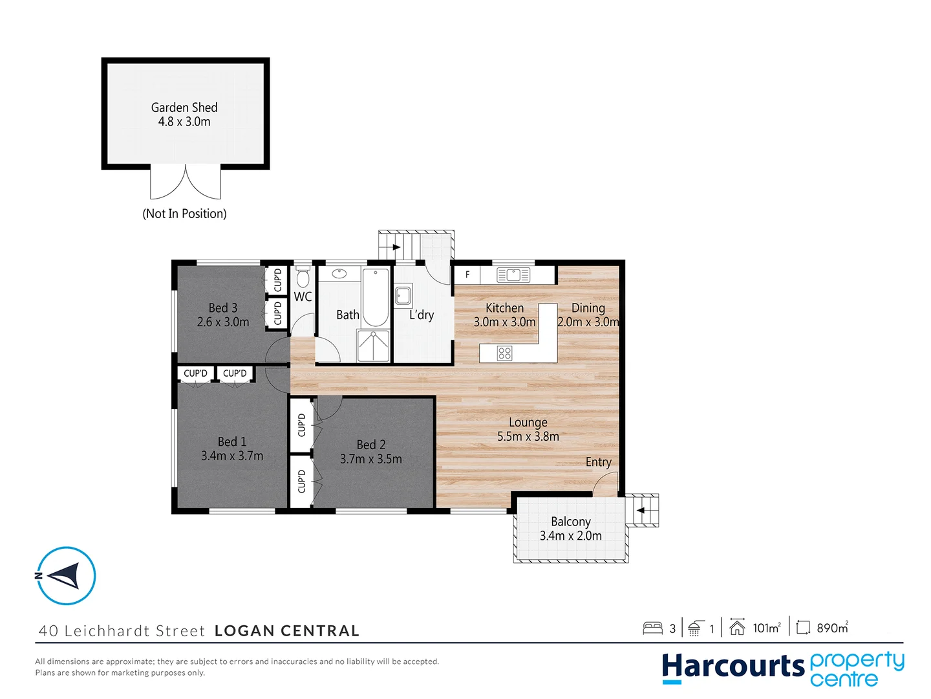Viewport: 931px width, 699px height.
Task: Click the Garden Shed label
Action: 184,115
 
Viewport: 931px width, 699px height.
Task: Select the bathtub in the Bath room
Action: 375,298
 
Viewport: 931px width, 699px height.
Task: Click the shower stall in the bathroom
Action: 374,346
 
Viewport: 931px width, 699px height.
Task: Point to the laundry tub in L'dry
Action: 403,296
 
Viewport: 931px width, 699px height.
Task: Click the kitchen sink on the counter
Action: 513,275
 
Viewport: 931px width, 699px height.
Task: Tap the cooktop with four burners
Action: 504,353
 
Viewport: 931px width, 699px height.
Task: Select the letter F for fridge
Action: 467,274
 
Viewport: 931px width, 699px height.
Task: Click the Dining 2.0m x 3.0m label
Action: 588,315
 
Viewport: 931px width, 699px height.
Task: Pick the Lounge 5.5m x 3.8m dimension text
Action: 528,436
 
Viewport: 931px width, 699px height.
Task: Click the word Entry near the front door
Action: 598,462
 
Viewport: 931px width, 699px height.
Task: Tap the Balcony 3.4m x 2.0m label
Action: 570,529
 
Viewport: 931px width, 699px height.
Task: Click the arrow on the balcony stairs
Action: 641,511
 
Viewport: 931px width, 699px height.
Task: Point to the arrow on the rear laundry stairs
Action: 396,247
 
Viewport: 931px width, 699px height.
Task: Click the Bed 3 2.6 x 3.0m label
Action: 222,315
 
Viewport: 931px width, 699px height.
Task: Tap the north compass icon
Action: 66,575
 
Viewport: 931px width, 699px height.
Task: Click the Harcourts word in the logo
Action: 733,667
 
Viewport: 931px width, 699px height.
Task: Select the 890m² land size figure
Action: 831,628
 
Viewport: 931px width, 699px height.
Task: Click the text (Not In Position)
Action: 184,214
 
